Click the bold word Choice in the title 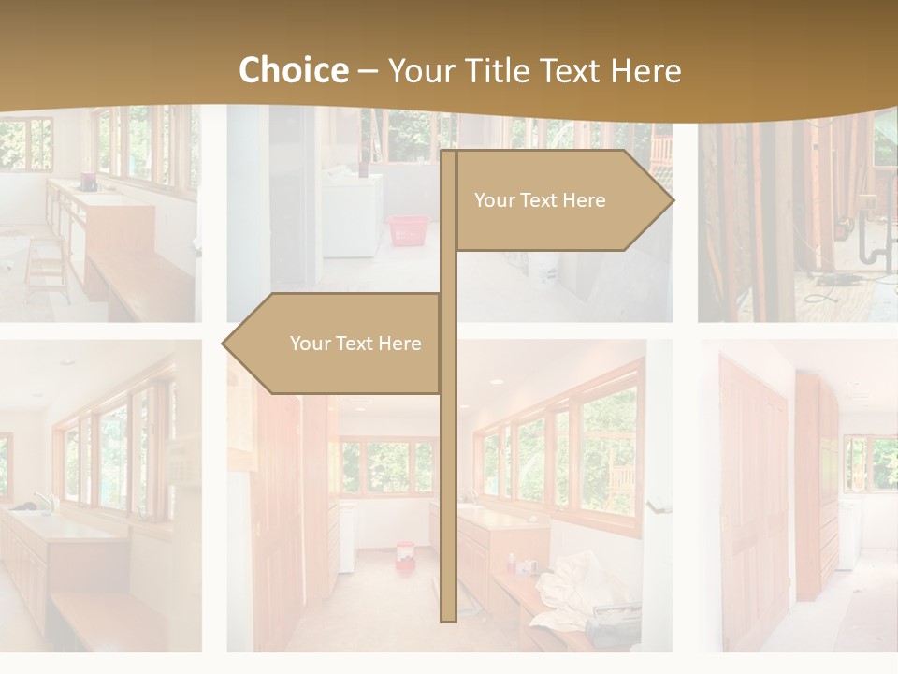pyautogui.click(x=293, y=70)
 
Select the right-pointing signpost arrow pyautogui.click(x=561, y=200)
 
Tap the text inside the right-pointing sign pyautogui.click(x=540, y=200)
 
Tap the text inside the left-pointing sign pyautogui.click(x=355, y=344)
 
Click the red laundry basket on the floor pyautogui.click(x=408, y=230)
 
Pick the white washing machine pyautogui.click(x=352, y=213)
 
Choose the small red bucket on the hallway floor pyautogui.click(x=405, y=551)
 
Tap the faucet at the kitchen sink pyautogui.click(x=39, y=500)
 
